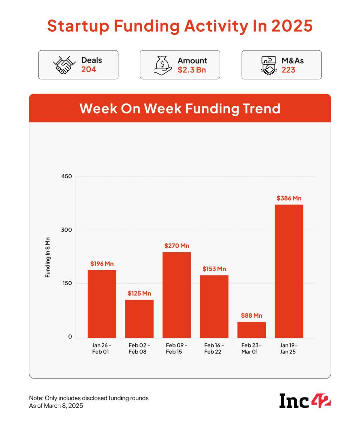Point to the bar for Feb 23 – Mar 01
click(x=251, y=330)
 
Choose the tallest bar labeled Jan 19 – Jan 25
click(x=289, y=271)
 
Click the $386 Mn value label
click(x=289, y=198)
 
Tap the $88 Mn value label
click(x=251, y=316)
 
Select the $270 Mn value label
click(x=176, y=246)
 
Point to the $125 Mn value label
click(x=139, y=293)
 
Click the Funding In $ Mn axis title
click(x=48, y=257)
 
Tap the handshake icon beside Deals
click(x=64, y=65)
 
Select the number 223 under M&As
click(x=288, y=70)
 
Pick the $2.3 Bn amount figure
click(x=192, y=70)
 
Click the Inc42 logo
click(x=305, y=401)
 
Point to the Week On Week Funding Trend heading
click(x=180, y=108)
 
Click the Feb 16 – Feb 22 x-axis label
click(x=214, y=348)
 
